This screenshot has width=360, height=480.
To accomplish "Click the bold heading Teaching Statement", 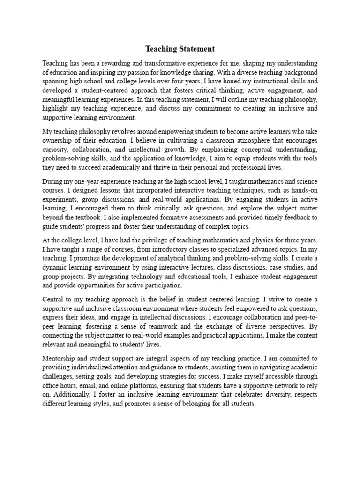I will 180,49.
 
